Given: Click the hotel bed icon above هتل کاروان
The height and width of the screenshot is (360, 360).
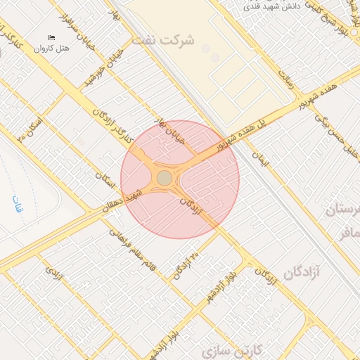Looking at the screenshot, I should coord(51,37).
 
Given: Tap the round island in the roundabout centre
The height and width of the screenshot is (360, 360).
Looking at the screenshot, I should coord(165,178).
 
